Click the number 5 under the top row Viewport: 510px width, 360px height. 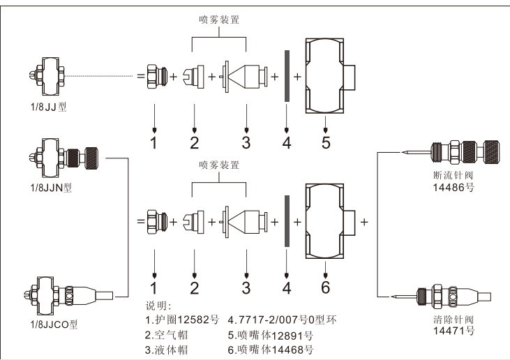326,143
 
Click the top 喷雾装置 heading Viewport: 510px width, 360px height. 219,20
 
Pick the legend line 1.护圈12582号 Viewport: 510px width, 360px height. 182,320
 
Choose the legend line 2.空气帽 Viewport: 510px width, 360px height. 170,335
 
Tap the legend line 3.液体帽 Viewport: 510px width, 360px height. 170,350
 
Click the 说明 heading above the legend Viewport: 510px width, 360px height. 158,306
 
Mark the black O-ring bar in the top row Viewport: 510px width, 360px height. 287,76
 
